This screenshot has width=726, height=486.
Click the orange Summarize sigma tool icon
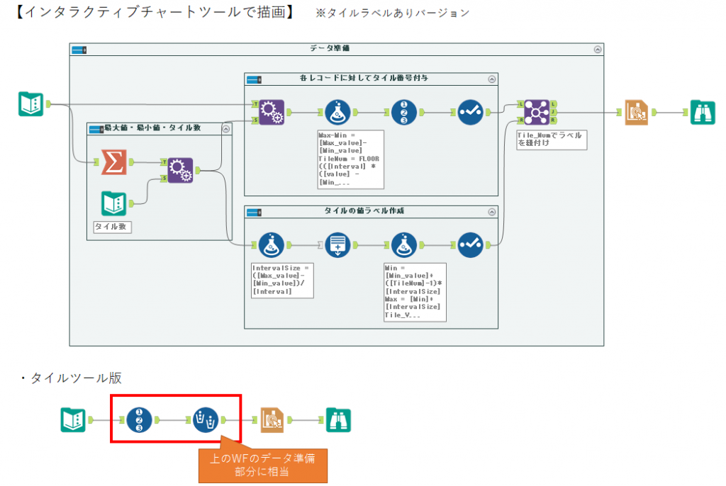pyautogui.click(x=113, y=162)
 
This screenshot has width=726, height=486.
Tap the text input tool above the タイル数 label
pyautogui.click(x=113, y=205)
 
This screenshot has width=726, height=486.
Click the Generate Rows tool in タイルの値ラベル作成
pyautogui.click(x=338, y=244)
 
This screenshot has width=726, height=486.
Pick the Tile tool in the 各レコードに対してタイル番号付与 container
pyautogui.click(x=404, y=112)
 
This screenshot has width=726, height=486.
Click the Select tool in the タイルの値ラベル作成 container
pyautogui.click(x=470, y=244)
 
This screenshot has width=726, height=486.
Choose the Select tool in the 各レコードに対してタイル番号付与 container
pyautogui.click(x=470, y=112)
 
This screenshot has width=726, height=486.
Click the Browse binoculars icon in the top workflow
pyautogui.click(x=703, y=112)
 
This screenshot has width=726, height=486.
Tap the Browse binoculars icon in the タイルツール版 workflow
pyautogui.click(x=338, y=420)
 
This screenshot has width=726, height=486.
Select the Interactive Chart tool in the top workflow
pyautogui.click(x=637, y=112)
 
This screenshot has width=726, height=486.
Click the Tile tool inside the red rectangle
pyautogui.click(x=140, y=420)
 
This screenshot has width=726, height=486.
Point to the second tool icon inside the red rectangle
pyautogui.click(x=206, y=420)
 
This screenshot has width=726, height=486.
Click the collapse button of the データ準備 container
pyautogui.click(x=597, y=50)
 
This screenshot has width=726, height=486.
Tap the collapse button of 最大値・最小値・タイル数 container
pyautogui.click(x=225, y=128)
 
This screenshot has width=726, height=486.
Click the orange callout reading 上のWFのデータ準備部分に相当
pyautogui.click(x=262, y=464)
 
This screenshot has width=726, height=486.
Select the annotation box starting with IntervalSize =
pyautogui.click(x=281, y=280)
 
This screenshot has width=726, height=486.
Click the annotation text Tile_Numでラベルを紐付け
pyautogui.click(x=550, y=140)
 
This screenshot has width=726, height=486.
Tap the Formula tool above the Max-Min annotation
pyautogui.click(x=338, y=112)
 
